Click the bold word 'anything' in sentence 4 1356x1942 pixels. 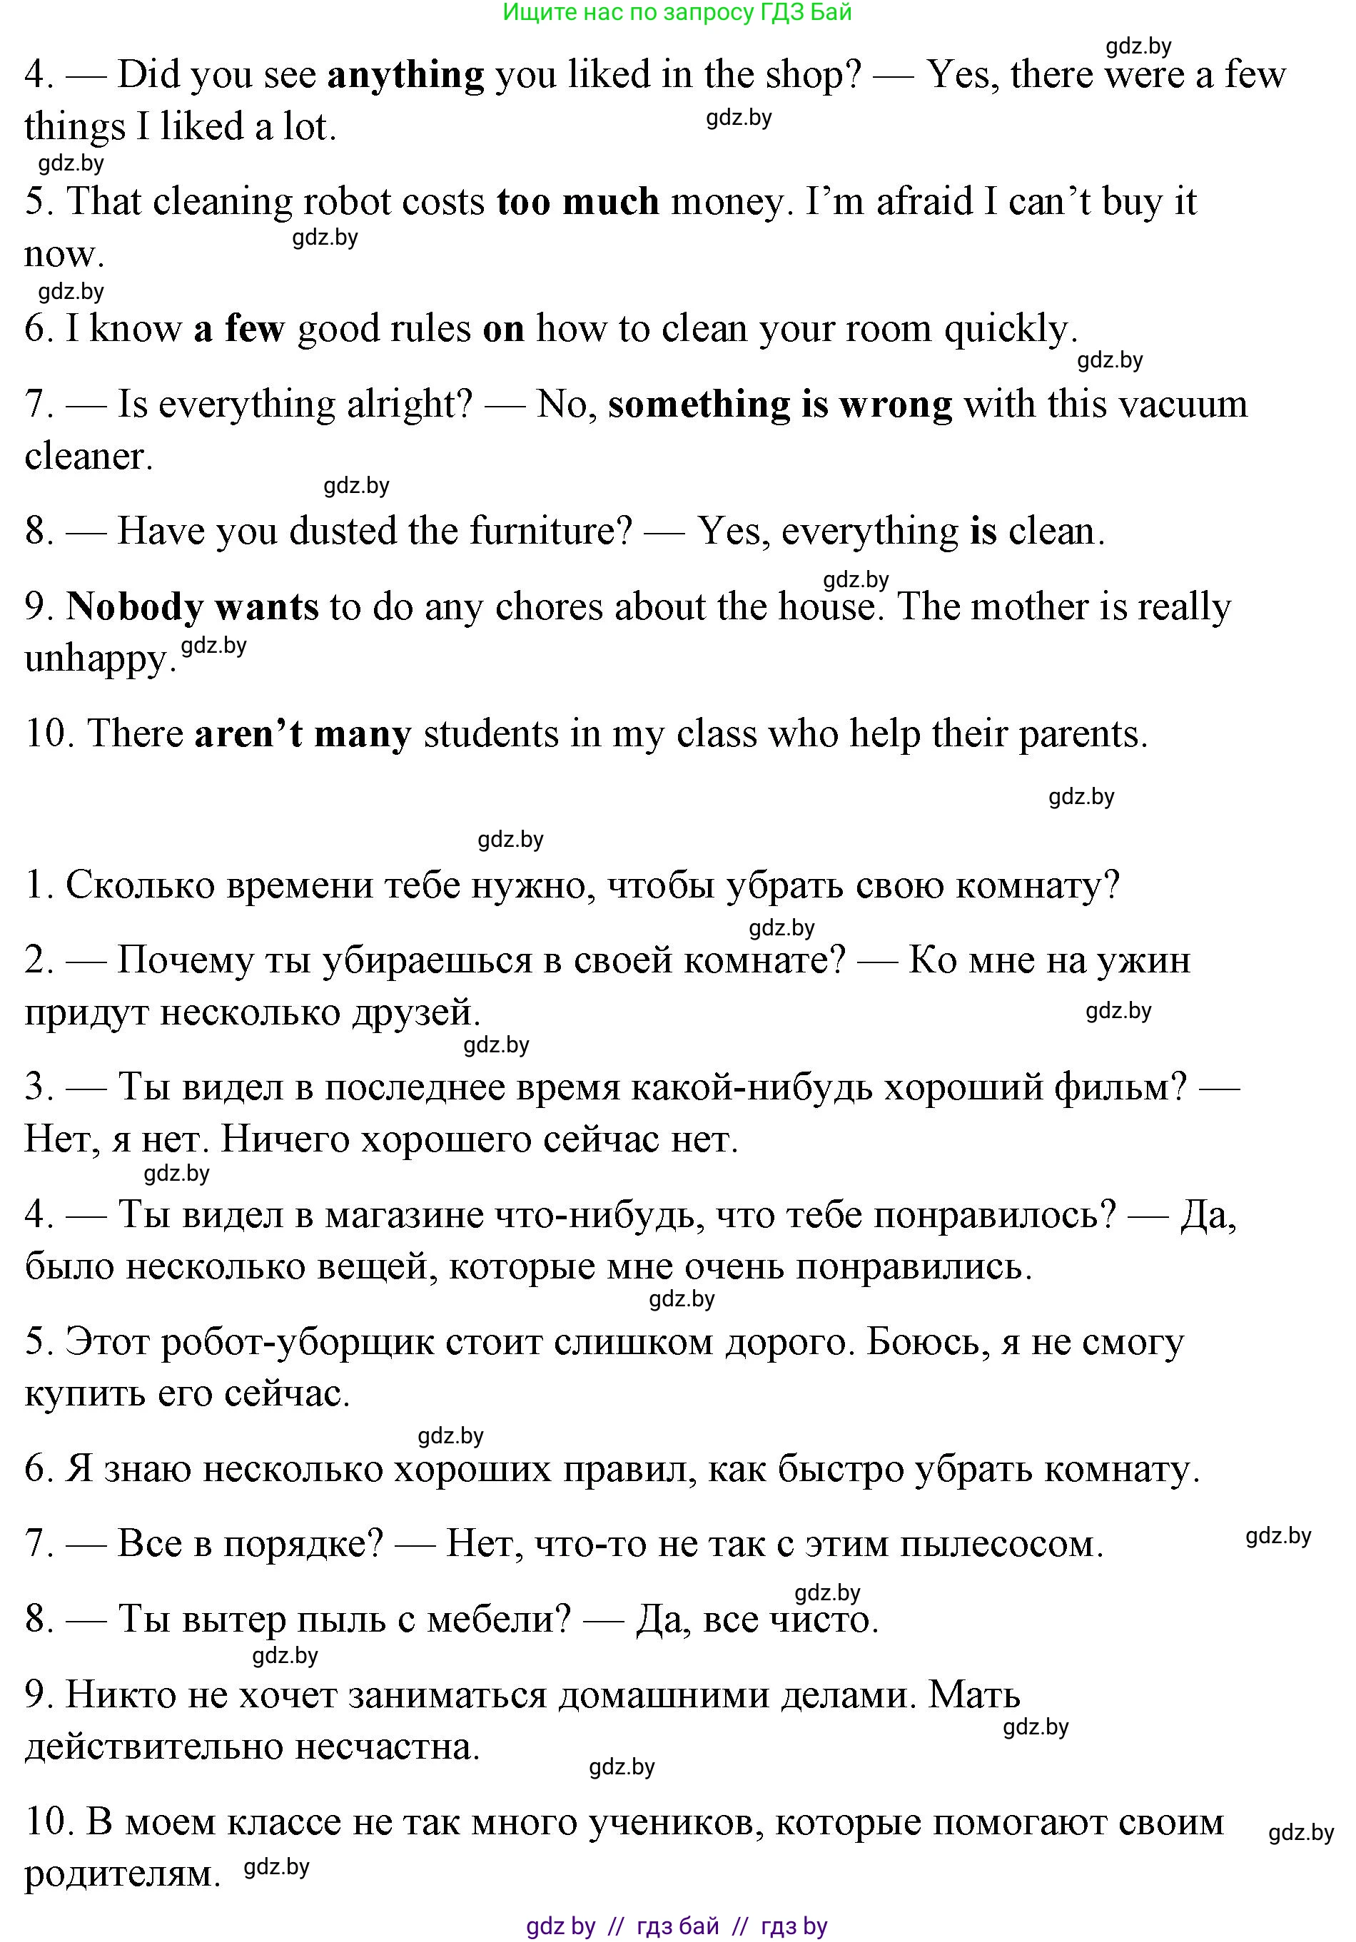pos(405,76)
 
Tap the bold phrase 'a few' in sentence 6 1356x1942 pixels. pos(239,329)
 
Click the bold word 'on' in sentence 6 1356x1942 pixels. pos(503,329)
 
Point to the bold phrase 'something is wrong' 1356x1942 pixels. pos(779,405)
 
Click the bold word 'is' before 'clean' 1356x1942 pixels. pos(983,532)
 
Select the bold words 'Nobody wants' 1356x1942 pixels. pos(192,607)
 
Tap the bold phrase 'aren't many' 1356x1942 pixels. pos(303,734)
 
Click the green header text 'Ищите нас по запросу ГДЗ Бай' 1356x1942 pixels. pos(677,12)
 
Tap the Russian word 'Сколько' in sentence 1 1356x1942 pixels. pos(140,885)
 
